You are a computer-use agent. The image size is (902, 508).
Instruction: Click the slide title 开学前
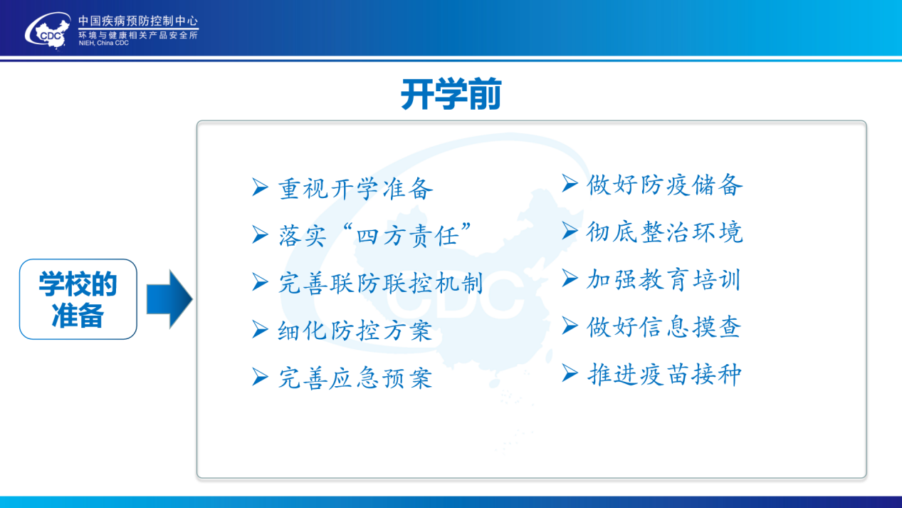[451, 94]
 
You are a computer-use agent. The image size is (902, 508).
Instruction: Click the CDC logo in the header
[48, 31]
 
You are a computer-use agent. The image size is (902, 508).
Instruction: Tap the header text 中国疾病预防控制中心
[138, 21]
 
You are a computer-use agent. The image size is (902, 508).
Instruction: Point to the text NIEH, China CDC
[103, 43]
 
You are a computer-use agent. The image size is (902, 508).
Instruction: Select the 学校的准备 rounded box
[78, 299]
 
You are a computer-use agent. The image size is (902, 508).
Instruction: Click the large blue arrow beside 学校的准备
[169, 299]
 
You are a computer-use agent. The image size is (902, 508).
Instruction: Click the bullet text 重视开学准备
[355, 188]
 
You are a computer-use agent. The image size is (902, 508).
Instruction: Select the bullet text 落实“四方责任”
[374, 235]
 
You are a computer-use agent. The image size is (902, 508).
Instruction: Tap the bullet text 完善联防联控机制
[381, 282]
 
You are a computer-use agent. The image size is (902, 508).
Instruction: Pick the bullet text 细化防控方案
[355, 331]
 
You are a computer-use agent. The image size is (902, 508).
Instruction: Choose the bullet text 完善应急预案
[355, 378]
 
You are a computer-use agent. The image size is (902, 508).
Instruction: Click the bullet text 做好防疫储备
[664, 185]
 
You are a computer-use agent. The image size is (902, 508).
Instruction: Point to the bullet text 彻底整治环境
[664, 232]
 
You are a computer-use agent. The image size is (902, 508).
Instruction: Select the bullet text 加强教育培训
[664, 279]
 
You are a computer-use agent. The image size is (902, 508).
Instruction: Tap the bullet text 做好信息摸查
[664, 327]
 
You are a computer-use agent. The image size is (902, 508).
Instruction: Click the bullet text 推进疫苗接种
[664, 374]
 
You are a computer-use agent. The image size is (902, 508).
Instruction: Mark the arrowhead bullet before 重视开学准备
[260, 187]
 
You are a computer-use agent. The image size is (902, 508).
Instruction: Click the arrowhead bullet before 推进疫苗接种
[570, 373]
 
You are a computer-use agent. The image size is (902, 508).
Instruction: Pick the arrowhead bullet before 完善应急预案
[260, 377]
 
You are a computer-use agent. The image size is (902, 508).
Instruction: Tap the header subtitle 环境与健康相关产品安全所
[138, 35]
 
